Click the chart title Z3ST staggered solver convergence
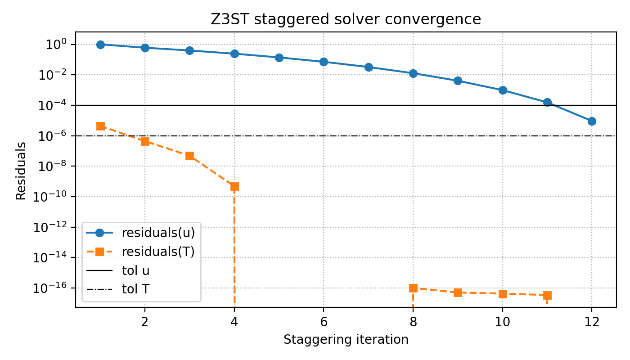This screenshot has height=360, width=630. tap(346, 19)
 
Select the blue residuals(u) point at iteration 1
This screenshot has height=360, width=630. tap(100, 45)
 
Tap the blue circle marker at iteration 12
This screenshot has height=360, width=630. tap(592, 121)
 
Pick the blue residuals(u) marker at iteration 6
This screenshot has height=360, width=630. tap(324, 62)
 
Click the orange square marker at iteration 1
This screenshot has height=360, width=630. tap(100, 126)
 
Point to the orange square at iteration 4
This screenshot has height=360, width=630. tap(234, 186)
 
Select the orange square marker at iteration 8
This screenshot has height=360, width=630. tap(413, 288)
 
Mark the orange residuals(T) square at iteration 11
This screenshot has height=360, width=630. tap(547, 295)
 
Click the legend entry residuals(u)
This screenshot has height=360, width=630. tap(158, 233)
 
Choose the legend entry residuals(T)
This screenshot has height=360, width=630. tap(158, 252)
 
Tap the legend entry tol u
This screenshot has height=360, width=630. tap(135, 270)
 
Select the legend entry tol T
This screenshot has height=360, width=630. tap(135, 289)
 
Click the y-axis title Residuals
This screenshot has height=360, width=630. tap(21, 171)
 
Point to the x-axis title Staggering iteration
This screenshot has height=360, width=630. tap(346, 340)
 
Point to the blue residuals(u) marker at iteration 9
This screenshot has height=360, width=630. tap(458, 81)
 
